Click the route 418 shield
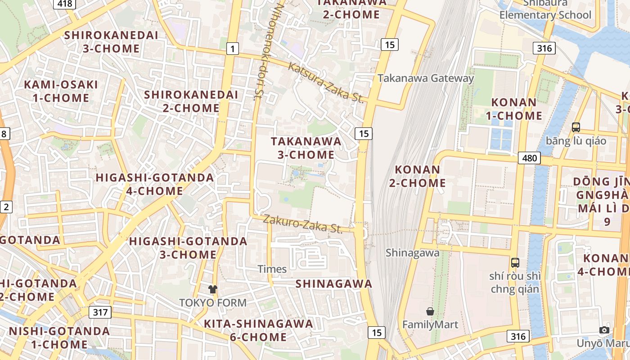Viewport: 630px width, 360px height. click(x=65, y=4)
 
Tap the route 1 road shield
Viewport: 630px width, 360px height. click(x=232, y=49)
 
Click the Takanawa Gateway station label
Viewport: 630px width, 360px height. click(x=426, y=78)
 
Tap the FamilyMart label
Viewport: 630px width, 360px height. click(x=430, y=324)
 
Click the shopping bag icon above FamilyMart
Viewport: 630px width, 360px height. click(x=430, y=311)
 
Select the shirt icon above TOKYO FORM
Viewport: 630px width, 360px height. click(x=212, y=289)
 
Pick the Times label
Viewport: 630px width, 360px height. click(x=272, y=269)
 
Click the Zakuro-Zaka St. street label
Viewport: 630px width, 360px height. click(x=303, y=224)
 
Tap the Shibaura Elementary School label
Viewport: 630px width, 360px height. click(x=545, y=10)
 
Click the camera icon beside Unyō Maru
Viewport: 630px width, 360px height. click(x=604, y=330)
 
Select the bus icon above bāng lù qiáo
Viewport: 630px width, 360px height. click(x=576, y=127)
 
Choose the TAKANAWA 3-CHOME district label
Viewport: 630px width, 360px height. click(x=306, y=148)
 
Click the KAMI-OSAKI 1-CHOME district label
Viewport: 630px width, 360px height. click(x=61, y=91)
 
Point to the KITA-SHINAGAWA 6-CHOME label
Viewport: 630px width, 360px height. click(x=258, y=330)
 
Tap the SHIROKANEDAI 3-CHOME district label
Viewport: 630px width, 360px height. click(x=111, y=41)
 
